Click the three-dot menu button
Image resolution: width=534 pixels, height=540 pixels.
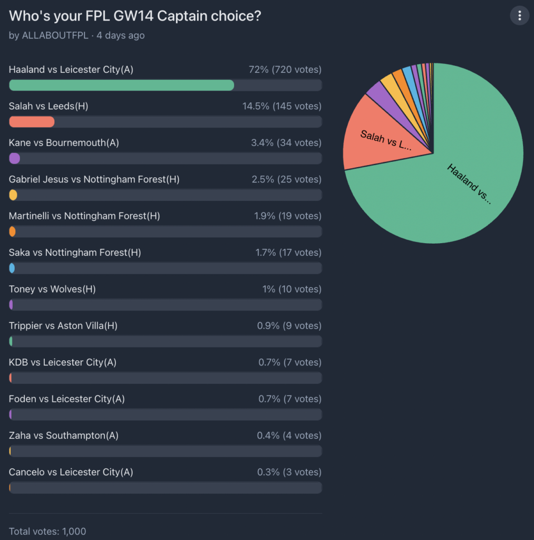click(519, 16)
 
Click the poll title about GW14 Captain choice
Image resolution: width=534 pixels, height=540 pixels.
click(135, 16)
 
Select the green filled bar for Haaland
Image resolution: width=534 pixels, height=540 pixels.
click(121, 85)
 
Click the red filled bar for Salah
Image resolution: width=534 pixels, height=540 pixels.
click(32, 122)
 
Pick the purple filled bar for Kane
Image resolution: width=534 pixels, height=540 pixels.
click(15, 158)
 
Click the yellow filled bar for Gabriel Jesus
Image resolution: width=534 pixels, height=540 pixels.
click(13, 195)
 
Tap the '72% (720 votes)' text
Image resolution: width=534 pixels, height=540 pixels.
click(285, 70)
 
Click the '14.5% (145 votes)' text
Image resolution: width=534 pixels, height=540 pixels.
click(281, 106)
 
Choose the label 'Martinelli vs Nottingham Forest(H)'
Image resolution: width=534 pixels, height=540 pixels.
click(84, 216)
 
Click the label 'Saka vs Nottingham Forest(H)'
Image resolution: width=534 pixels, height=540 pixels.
click(75, 253)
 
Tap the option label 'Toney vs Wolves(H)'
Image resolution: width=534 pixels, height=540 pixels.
click(52, 289)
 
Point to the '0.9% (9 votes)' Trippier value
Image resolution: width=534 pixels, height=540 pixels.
click(289, 326)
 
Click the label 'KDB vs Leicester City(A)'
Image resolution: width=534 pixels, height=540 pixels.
click(63, 362)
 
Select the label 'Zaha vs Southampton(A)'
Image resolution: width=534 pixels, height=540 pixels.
click(63, 436)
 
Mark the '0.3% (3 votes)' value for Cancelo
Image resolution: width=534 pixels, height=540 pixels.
click(289, 472)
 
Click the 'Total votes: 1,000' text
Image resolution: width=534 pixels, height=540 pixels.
click(47, 531)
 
